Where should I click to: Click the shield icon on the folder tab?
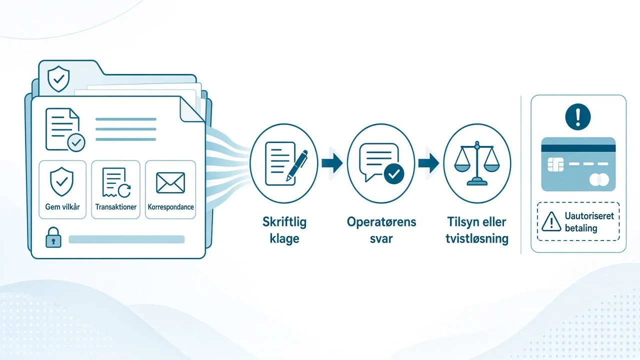click(x=58, y=79)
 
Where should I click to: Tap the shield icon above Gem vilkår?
click(x=61, y=181)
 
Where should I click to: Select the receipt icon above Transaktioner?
click(x=116, y=182)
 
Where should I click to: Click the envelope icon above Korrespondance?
click(x=170, y=183)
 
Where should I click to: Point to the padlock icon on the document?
click(x=53, y=237)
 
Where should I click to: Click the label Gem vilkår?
click(x=62, y=206)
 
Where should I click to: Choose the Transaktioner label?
click(x=115, y=206)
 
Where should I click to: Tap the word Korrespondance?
click(x=170, y=207)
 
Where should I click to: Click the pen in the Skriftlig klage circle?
click(x=297, y=165)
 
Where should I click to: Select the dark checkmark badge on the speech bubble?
click(x=394, y=173)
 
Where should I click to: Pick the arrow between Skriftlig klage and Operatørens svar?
click(x=332, y=163)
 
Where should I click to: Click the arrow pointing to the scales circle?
click(x=429, y=163)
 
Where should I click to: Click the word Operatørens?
click(x=381, y=222)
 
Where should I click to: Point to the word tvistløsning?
click(x=477, y=238)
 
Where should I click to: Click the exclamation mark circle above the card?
click(x=578, y=117)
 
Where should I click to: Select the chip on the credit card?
click(x=555, y=164)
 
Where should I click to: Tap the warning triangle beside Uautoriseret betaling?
click(x=551, y=221)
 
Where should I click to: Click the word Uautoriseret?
click(x=589, y=216)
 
